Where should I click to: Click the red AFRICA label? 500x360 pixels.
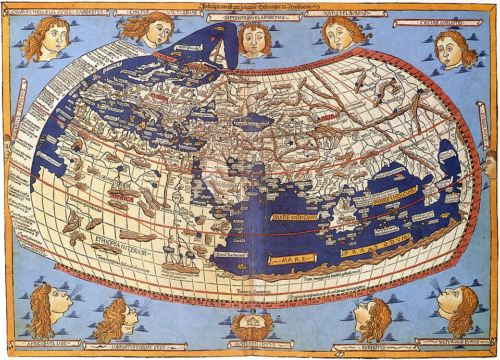tap(121, 199)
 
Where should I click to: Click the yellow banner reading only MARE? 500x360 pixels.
tap(292, 259)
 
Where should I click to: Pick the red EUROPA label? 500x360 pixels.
tap(161, 97)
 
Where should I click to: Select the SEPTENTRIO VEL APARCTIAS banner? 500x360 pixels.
tap(252, 18)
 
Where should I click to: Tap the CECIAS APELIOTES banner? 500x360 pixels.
tap(438, 23)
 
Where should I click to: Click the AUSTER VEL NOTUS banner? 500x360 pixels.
tap(253, 344)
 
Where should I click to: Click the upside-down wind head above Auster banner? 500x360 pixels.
tap(253, 324)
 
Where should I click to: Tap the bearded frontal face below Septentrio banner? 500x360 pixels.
tap(255, 39)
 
